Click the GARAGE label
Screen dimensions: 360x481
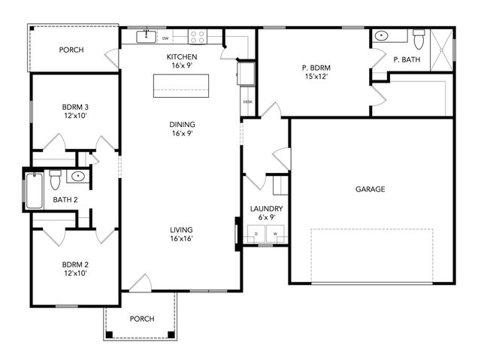pos(370,189)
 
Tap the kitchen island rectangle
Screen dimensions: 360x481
pos(182,86)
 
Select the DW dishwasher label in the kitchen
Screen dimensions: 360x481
pos(165,36)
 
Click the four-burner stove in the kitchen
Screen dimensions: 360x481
pos(198,35)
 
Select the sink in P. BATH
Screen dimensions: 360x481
pos(381,35)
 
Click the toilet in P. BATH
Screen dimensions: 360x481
pos(419,35)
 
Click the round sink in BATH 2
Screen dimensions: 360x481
pos(77,177)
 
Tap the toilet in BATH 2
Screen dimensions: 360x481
pos(55,180)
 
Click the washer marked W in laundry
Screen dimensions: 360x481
pos(275,234)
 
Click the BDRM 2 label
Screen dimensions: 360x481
pos(75,264)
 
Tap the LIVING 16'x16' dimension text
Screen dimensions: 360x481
pos(182,239)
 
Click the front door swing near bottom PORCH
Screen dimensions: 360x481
pos(140,283)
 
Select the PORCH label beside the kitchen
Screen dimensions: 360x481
pos(72,50)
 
